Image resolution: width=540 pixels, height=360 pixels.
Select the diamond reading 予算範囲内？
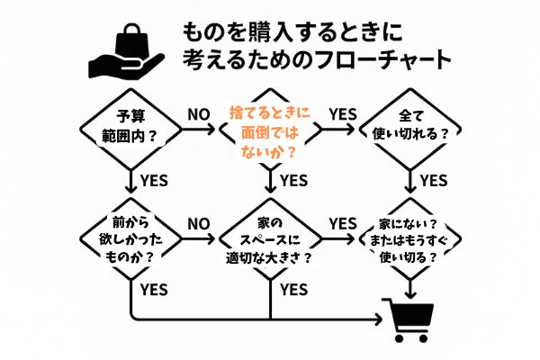130,130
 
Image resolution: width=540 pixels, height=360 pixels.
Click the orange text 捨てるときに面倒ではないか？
270,132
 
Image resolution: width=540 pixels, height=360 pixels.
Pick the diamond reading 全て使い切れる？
409,130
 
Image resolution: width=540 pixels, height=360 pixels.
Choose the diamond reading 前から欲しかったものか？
130,238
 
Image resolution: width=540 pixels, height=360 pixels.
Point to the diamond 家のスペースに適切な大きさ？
270,238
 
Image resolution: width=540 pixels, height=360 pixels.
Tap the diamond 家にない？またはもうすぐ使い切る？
409,238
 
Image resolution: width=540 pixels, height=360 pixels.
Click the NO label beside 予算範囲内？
199,114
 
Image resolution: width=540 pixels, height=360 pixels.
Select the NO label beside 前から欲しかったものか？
199,224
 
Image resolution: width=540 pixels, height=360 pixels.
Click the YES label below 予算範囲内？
154,181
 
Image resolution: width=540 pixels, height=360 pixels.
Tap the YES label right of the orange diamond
343,114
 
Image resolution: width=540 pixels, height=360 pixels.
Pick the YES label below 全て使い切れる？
434,181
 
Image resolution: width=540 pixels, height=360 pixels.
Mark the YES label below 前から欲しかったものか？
154,290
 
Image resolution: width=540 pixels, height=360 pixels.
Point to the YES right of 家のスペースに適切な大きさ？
343,224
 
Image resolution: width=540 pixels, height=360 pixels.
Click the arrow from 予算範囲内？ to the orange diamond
198,130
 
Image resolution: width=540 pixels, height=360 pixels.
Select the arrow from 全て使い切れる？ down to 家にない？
409,181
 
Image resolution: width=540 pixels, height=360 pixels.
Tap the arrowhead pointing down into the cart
409,294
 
